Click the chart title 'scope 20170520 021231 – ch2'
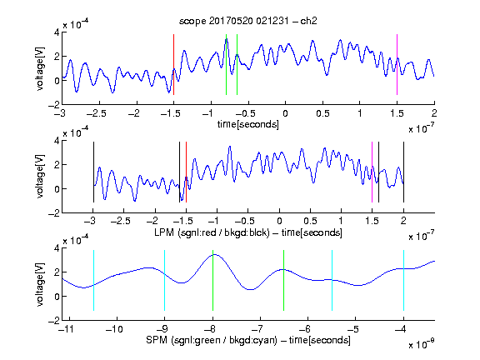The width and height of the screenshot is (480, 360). pyautogui.click(x=247, y=21)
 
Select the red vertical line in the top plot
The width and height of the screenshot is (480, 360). pyautogui.click(x=173, y=65)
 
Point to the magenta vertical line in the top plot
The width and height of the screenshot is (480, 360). pyautogui.click(x=397, y=65)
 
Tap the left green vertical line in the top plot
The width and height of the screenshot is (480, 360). pyautogui.click(x=226, y=65)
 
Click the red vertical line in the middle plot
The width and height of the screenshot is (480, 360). pyautogui.click(x=186, y=172)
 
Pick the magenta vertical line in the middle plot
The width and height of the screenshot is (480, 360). pyautogui.click(x=372, y=172)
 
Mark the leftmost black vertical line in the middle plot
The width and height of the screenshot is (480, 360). pyautogui.click(x=93, y=172)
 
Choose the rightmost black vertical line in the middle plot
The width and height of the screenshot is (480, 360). pyautogui.click(x=403, y=172)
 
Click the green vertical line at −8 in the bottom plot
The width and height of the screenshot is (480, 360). pyautogui.click(x=212, y=280)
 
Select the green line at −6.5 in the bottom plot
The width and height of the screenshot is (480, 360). pyautogui.click(x=284, y=280)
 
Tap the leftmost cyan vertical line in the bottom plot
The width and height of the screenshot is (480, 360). pyautogui.click(x=93, y=280)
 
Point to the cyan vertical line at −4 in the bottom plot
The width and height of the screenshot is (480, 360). pyautogui.click(x=403, y=280)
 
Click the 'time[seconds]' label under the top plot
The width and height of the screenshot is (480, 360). pyautogui.click(x=248, y=124)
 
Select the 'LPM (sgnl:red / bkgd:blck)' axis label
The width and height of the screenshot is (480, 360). pyautogui.click(x=212, y=232)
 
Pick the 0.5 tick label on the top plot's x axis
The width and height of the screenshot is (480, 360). pyautogui.click(x=322, y=113)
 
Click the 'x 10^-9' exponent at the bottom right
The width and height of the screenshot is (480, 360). pyautogui.click(x=422, y=344)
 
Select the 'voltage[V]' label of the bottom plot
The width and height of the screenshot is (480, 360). pyautogui.click(x=40, y=284)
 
